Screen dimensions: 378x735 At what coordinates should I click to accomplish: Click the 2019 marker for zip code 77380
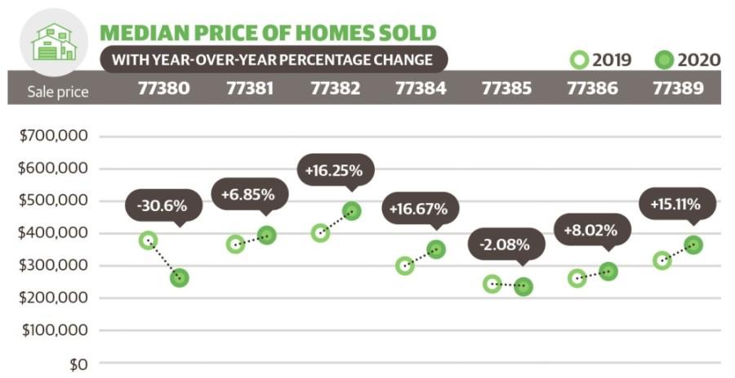(148, 240)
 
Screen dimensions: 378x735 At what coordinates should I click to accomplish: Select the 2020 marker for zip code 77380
(179, 278)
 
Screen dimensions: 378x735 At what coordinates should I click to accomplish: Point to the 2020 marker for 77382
(352, 211)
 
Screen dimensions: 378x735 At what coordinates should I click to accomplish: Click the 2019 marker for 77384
(405, 265)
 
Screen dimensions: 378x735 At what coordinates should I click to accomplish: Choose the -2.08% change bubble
(506, 244)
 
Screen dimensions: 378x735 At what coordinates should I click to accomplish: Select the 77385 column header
(507, 88)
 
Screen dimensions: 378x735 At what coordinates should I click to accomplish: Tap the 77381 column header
(249, 88)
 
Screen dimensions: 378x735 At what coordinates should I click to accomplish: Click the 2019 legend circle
(580, 60)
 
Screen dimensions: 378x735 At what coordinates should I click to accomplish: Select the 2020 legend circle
(664, 60)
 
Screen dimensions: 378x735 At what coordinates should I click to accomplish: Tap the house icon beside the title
(53, 40)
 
